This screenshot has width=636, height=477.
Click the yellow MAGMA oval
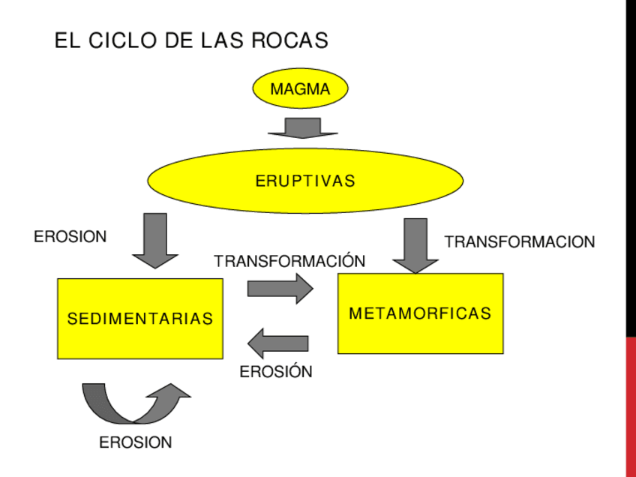[300, 89]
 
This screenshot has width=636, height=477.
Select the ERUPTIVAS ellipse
[305, 181]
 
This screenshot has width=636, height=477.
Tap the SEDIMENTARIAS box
[140, 319]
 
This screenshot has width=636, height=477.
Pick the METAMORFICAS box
[420, 313]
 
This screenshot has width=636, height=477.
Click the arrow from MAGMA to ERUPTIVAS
[303, 128]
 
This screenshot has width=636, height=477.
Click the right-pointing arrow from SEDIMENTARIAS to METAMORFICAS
[280, 288]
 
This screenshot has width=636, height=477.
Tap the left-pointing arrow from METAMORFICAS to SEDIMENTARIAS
[278, 343]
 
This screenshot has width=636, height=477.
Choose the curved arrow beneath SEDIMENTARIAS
[135, 403]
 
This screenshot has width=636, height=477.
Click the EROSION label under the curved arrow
[136, 442]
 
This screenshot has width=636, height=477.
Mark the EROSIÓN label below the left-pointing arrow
[276, 371]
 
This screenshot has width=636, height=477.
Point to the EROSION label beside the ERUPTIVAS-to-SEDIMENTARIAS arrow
[70, 237]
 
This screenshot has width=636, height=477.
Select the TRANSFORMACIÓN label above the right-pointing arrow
[289, 261]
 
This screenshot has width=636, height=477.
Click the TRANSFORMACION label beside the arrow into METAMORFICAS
[520, 241]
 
